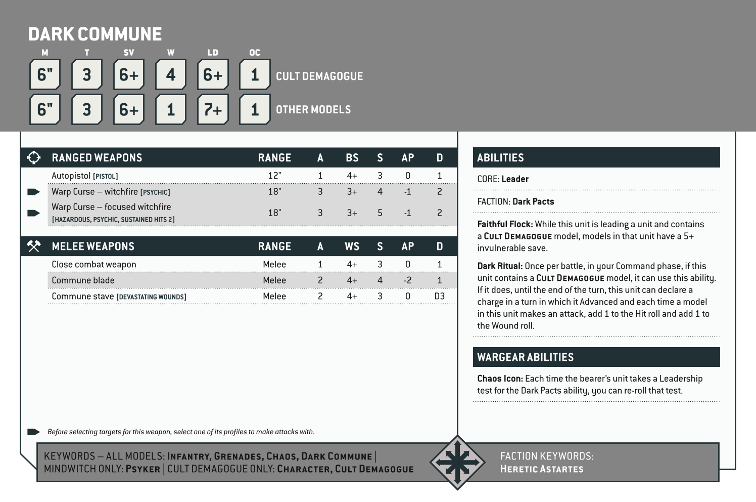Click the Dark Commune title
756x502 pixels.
click(x=95, y=34)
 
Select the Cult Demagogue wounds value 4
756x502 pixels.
click(x=171, y=75)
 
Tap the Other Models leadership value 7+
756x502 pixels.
click(x=213, y=109)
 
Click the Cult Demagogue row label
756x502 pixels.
click(x=319, y=76)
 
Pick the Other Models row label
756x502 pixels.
click(x=313, y=110)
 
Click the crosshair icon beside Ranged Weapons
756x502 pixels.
click(x=34, y=157)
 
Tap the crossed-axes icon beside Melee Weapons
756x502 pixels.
click(x=34, y=246)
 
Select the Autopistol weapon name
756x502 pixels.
click(x=71, y=176)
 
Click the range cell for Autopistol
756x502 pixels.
click(x=274, y=176)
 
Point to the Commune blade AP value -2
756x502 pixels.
click(x=407, y=280)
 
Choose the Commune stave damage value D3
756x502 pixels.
click(x=439, y=296)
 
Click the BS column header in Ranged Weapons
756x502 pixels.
click(x=352, y=158)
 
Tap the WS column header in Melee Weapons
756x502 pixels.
click(x=352, y=246)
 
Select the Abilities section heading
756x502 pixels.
click(x=500, y=158)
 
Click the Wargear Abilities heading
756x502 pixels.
click(x=525, y=357)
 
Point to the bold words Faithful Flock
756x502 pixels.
click(x=505, y=224)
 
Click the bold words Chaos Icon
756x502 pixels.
click(x=500, y=379)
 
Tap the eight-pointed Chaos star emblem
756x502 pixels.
click(x=457, y=463)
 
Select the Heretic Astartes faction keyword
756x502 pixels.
click(x=541, y=469)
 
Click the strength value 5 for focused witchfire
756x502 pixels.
click(x=380, y=213)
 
